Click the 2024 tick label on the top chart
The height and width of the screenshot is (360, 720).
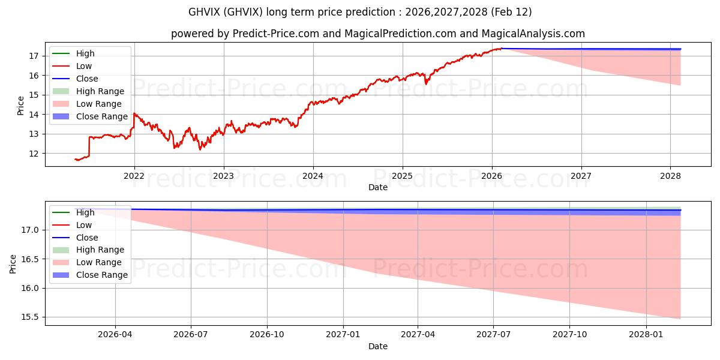[x=313, y=176]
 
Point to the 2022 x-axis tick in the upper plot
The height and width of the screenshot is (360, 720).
[x=134, y=176]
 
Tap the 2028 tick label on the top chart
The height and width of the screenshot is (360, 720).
[x=670, y=176]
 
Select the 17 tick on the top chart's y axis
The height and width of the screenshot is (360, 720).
[x=34, y=56]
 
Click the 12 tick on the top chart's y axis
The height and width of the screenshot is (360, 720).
[x=34, y=154]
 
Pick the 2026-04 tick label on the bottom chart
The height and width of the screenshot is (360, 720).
[x=115, y=335]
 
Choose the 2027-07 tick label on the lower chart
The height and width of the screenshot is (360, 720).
[x=493, y=335]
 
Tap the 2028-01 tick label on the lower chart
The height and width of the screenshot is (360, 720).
[x=646, y=335]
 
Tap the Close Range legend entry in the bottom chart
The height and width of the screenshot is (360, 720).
[x=101, y=275]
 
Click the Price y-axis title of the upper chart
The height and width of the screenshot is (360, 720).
[x=21, y=105]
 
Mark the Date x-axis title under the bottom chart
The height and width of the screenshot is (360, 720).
[x=378, y=346]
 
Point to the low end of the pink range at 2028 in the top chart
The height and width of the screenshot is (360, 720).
[x=680, y=85]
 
